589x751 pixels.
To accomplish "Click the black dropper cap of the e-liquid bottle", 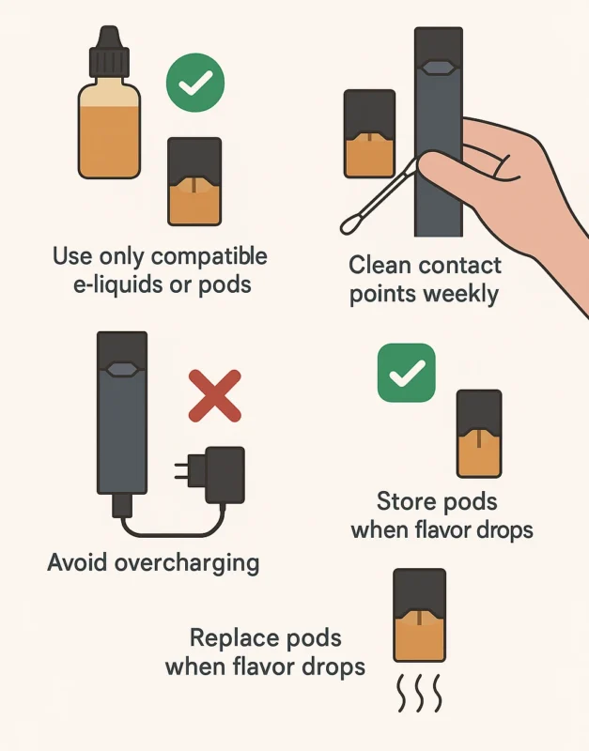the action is point(110,52).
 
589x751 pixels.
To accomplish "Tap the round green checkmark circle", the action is point(195,83).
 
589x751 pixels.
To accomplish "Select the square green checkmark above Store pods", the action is point(407,373).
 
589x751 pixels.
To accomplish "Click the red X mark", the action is point(215,395).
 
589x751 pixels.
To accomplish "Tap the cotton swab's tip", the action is point(350,224).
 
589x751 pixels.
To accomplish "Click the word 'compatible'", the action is point(209,256).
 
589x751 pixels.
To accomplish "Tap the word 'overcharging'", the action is point(187,562).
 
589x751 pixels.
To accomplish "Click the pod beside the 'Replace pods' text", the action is point(419,616).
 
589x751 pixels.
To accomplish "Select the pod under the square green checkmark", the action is point(479,434).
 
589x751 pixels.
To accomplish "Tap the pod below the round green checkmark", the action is point(194,181).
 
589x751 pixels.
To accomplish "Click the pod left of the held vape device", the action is point(369,133).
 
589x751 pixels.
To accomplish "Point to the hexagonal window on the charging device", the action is point(122,369).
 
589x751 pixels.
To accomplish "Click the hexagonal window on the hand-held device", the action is point(438,68).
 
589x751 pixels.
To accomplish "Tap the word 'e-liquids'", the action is point(116,285).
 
